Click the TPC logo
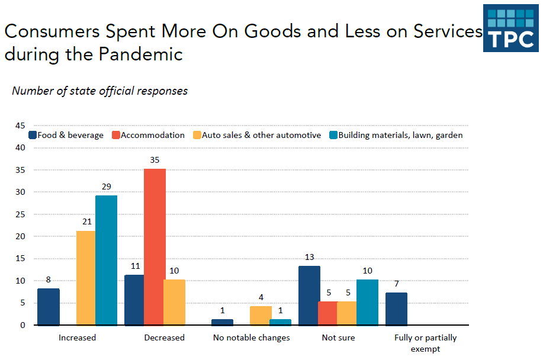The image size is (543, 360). click(510, 28)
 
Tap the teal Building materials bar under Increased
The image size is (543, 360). click(106, 261)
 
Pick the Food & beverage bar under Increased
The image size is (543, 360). click(49, 307)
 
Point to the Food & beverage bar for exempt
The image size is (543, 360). click(396, 308)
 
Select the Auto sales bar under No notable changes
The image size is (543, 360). click(261, 316)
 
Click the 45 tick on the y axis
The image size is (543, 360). click(20, 126)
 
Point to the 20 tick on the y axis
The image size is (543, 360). click(20, 237)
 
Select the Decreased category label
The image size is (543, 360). click(164, 337)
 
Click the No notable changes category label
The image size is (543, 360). click(252, 337)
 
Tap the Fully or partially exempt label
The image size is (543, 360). click(425, 343)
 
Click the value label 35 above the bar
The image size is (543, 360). click(155, 160)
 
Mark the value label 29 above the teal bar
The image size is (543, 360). click(106, 187)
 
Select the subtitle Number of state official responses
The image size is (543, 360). click(99, 91)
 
